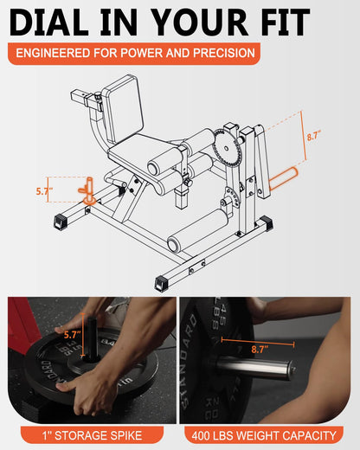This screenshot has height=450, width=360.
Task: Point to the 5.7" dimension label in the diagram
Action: coord(44,190)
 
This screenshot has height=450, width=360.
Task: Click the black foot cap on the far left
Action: coord(61,222)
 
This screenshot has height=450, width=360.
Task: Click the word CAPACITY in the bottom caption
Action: coord(308,434)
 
